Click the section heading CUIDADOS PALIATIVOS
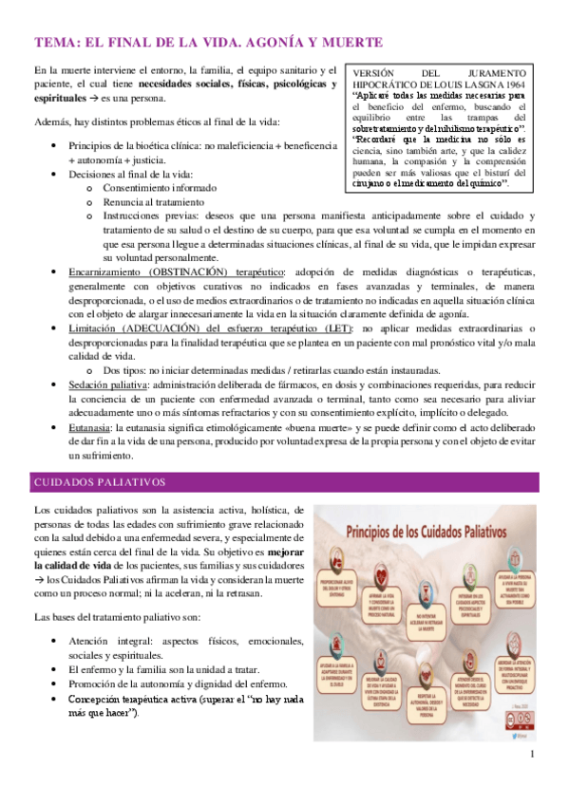coord(100,481)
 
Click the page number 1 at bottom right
coord(534,754)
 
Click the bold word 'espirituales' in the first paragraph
coord(60,98)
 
